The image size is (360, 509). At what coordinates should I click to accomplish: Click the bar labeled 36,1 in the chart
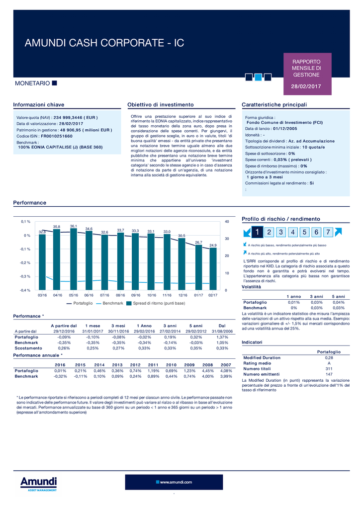click(73, 259)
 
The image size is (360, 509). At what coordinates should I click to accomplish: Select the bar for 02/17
click(213, 268)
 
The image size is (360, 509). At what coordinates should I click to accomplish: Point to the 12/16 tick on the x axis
click(182, 295)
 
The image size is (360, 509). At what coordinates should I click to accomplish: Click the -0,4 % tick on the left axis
click(25, 290)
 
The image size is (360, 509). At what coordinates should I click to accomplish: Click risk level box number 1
click(257, 232)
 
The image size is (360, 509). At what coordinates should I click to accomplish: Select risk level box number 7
click(328, 232)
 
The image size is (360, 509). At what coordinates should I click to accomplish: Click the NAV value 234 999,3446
click(73, 117)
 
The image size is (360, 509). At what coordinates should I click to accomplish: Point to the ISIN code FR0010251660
click(57, 136)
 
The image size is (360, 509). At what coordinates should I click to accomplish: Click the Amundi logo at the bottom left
click(38, 484)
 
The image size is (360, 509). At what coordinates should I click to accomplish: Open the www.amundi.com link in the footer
click(174, 482)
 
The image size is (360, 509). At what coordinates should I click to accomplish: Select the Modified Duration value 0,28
click(329, 357)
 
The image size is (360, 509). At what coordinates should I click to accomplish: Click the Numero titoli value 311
click(329, 368)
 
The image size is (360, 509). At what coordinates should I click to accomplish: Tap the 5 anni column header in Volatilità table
click(338, 297)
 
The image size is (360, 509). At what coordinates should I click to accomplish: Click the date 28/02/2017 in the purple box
click(306, 86)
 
